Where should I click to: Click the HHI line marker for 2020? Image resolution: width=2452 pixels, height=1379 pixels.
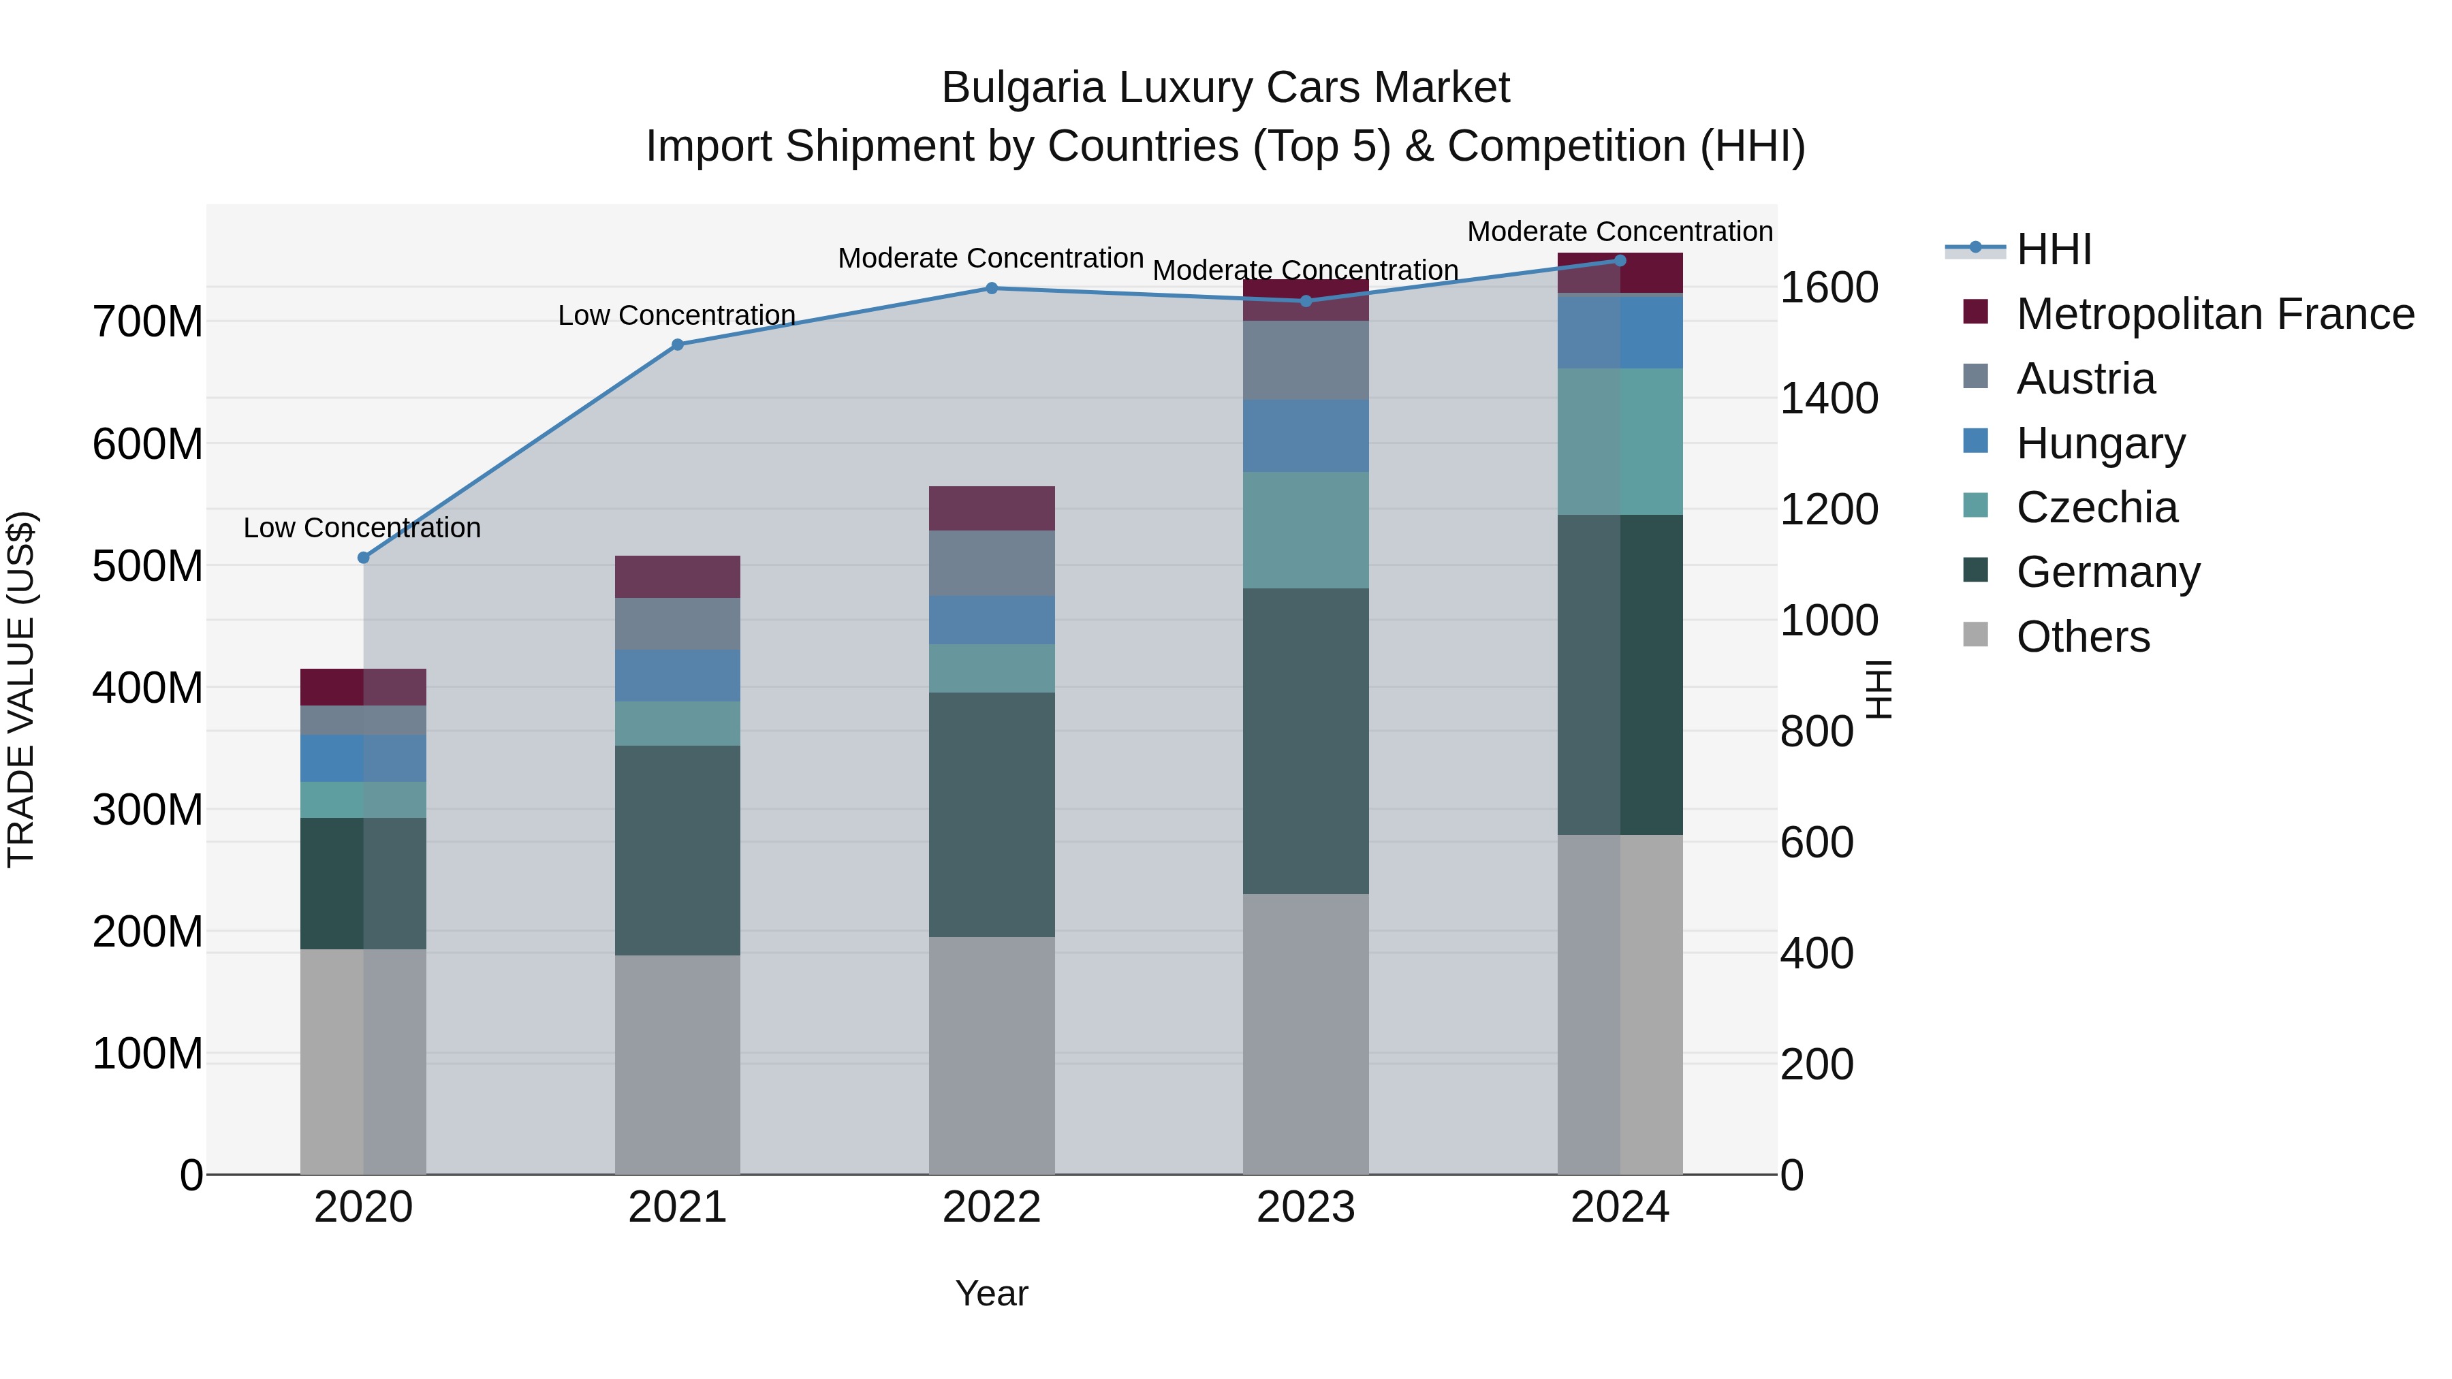pos(362,558)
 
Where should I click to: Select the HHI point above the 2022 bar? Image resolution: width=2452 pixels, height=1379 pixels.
pos(991,288)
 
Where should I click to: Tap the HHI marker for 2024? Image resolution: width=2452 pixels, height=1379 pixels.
pos(1620,261)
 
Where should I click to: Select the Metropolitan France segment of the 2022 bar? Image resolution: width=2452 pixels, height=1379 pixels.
pos(991,508)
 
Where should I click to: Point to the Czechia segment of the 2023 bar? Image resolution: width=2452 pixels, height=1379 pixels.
pos(1305,530)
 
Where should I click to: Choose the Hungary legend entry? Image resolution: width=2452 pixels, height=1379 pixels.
pos(2099,443)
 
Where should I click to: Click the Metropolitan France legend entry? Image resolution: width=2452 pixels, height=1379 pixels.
pos(2214,314)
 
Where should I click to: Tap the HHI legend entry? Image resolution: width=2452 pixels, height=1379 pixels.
pos(2053,249)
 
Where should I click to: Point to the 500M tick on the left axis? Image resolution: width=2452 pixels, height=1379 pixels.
pos(148,567)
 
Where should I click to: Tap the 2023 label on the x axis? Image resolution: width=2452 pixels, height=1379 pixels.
pos(1305,1207)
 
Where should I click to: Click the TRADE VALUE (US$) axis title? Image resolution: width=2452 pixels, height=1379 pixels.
pos(21,689)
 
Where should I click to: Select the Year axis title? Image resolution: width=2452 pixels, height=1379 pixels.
pos(991,1293)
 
